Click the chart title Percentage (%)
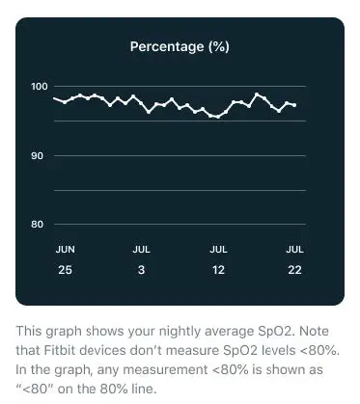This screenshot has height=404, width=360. [x=180, y=45]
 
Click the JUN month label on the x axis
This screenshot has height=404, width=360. [x=65, y=249]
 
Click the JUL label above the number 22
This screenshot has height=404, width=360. [x=295, y=249]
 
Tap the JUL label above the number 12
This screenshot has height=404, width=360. [x=219, y=249]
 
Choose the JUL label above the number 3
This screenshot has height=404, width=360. [x=141, y=249]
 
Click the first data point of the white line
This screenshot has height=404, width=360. [x=54, y=97]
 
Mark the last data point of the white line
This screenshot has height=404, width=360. [x=295, y=104]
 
